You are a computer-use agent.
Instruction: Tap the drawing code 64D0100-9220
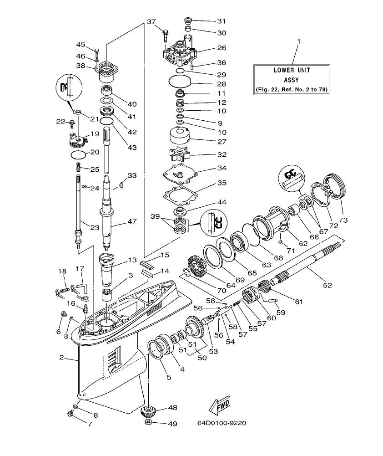222,423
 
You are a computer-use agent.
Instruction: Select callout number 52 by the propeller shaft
327,286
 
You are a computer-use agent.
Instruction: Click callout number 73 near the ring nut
343,220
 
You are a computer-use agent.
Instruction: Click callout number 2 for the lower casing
62,358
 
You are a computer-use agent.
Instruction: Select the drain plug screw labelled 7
71,413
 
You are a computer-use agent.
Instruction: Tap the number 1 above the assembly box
298,42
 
